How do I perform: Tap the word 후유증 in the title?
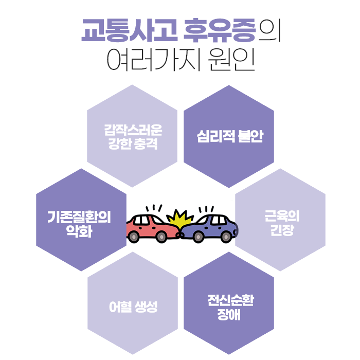click(x=219, y=32)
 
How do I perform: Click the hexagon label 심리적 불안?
click(x=229, y=137)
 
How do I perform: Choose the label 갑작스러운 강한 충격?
click(x=133, y=136)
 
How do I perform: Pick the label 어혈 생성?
click(x=133, y=308)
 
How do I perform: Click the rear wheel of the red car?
click(x=134, y=237)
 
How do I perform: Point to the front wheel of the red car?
click(x=161, y=237)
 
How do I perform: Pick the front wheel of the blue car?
click(x=197, y=237)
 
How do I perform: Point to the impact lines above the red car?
click(x=153, y=208)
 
